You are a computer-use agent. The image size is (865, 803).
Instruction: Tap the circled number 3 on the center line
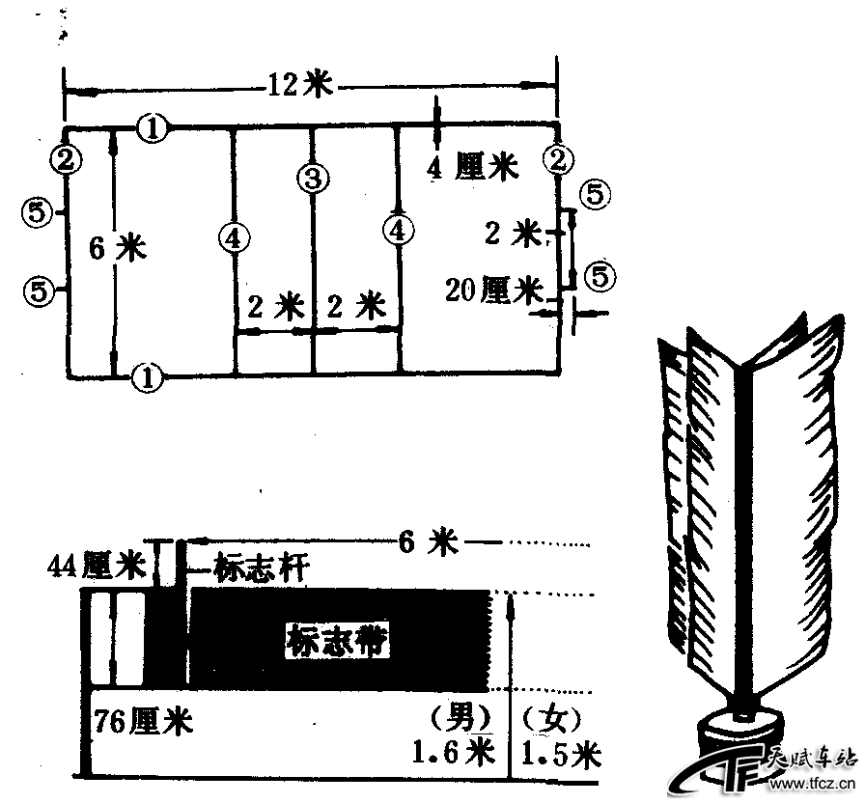click(x=313, y=178)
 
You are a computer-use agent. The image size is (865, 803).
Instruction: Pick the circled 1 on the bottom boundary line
click(x=146, y=376)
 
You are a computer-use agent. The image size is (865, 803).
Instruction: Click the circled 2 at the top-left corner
click(x=66, y=159)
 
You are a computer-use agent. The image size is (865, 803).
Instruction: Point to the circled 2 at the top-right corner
click(x=558, y=158)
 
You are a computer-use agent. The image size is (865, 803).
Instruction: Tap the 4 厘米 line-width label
click(x=472, y=167)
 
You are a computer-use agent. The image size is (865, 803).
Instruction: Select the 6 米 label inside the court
click(x=117, y=249)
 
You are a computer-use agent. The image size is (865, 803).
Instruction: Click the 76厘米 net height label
click(x=144, y=720)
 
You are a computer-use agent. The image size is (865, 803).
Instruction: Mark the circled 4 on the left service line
click(x=233, y=236)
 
